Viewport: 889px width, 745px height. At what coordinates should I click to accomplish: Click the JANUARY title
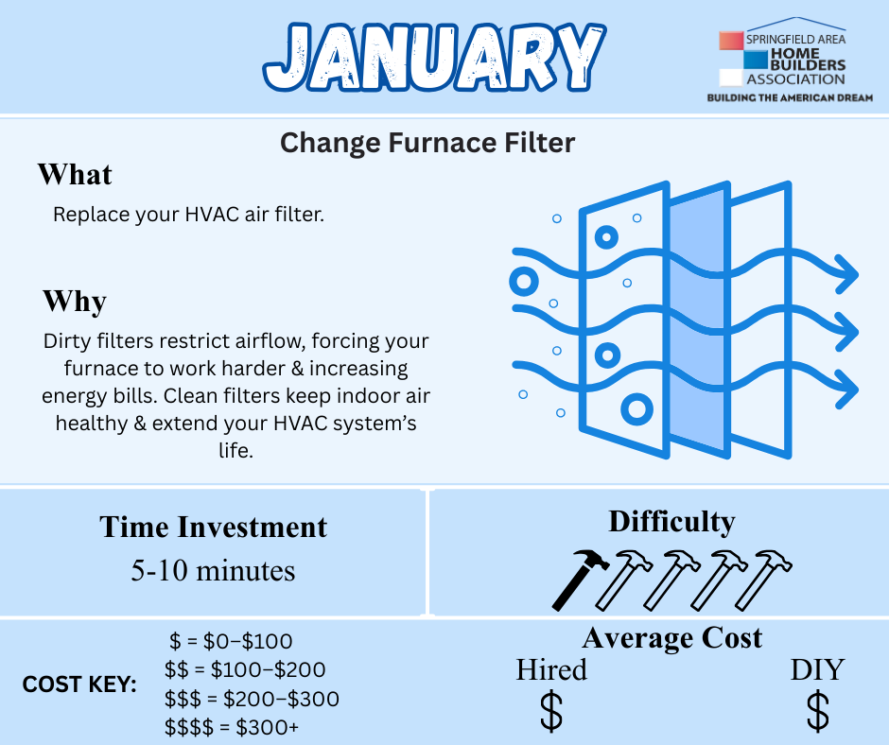(x=435, y=57)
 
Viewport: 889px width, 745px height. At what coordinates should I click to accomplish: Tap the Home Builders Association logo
(x=790, y=60)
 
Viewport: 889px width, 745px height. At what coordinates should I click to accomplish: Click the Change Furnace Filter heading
(x=427, y=143)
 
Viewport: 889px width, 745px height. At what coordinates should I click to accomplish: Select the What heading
(x=75, y=174)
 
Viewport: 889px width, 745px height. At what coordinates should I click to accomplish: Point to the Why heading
(x=75, y=301)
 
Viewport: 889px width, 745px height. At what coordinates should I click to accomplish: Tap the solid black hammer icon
(x=580, y=580)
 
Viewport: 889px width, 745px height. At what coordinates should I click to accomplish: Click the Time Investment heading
(x=213, y=527)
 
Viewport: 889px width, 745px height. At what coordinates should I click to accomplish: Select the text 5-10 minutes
(x=213, y=570)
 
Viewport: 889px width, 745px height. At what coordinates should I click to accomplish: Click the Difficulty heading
(x=671, y=522)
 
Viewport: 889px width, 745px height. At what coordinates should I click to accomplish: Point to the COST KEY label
(x=79, y=684)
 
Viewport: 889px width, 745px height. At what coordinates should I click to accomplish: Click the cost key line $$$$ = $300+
(x=232, y=727)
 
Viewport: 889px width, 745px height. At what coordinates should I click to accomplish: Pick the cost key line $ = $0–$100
(x=232, y=641)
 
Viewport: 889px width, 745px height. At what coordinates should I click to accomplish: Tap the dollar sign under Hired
(x=551, y=711)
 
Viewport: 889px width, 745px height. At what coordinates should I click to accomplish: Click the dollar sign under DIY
(x=817, y=711)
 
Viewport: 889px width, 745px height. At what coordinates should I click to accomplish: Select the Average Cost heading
(x=672, y=638)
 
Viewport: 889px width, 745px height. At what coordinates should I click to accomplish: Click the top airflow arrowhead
(x=847, y=274)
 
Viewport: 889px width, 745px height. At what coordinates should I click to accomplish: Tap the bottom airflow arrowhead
(x=847, y=389)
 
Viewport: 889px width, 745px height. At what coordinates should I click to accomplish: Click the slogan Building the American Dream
(x=790, y=97)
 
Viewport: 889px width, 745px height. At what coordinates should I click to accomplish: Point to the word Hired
(x=551, y=669)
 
